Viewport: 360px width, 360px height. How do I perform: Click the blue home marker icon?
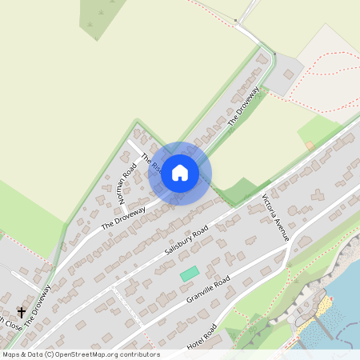(x=180, y=173)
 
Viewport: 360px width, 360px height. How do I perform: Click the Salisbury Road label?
(x=186, y=239)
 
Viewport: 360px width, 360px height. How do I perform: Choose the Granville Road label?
(x=208, y=291)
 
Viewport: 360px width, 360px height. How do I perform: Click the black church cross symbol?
(x=20, y=311)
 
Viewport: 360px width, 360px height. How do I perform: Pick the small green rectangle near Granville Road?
(x=189, y=274)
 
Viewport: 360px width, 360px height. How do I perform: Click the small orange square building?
(x=309, y=145)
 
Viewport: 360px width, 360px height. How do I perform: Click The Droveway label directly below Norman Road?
(x=123, y=217)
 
